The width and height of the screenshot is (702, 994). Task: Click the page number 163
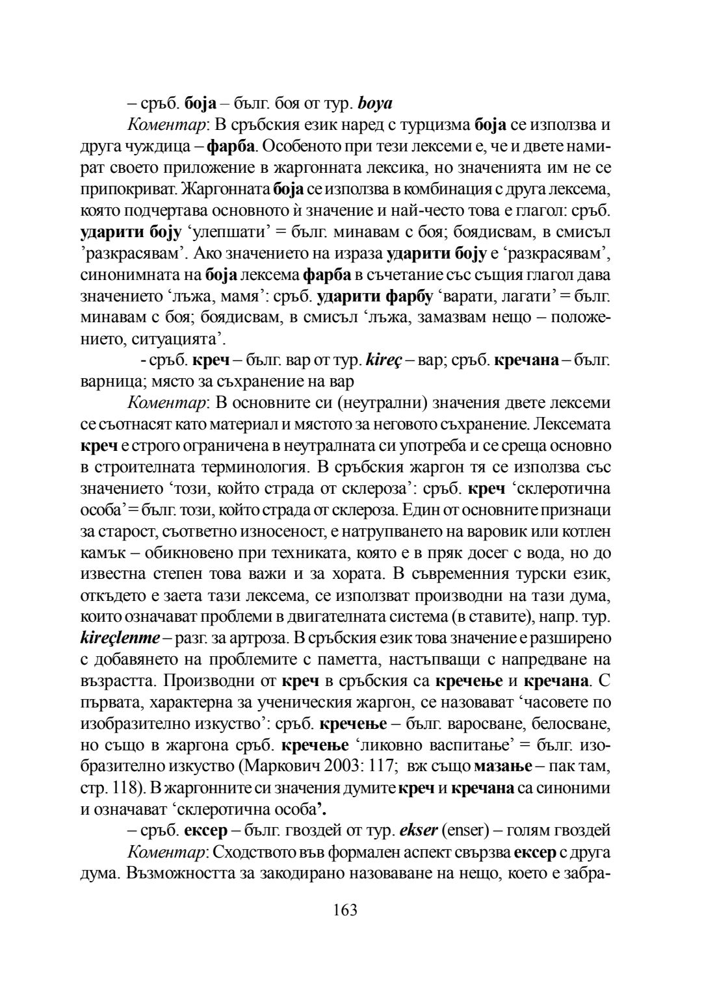[x=345, y=910]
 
